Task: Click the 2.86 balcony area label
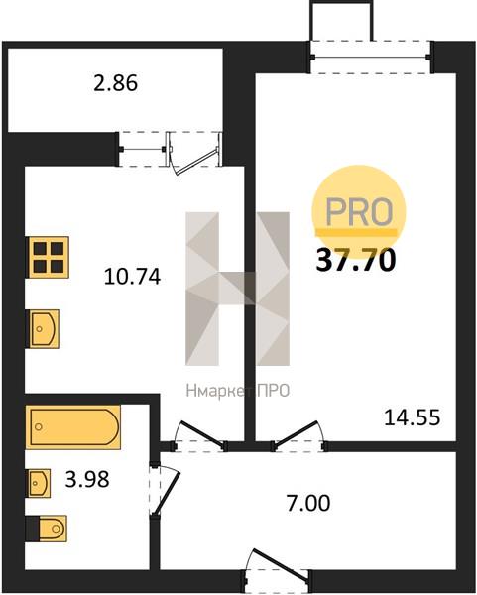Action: point(115,83)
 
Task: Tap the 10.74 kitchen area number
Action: point(132,277)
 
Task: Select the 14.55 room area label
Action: point(413,417)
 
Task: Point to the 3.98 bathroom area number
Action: point(87,479)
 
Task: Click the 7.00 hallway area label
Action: point(308,503)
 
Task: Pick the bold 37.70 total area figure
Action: point(356,260)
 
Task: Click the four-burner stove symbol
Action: point(48,257)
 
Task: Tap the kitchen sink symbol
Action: point(43,329)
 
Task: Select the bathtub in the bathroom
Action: point(72,427)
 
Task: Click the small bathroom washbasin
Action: point(38,483)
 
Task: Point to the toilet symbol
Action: point(47,529)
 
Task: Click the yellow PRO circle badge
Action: point(359,211)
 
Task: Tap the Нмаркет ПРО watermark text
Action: point(238,391)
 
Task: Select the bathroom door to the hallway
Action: point(164,488)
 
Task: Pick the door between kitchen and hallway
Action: point(199,436)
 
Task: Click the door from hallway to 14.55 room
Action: point(299,436)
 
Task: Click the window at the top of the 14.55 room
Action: point(370,57)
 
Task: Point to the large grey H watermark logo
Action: point(238,289)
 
